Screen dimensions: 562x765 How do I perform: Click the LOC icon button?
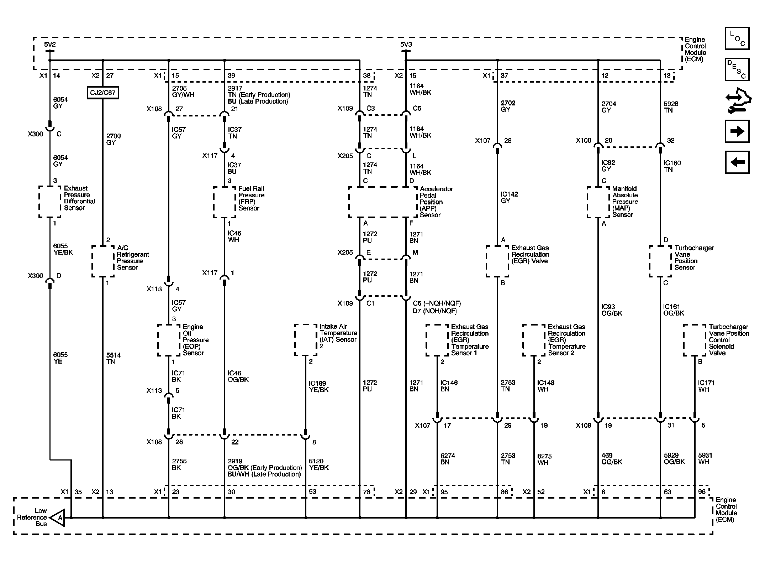pyautogui.click(x=737, y=38)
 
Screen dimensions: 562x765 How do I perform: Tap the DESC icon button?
pyautogui.click(x=737, y=69)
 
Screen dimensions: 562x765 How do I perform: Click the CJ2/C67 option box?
pyautogui.click(x=102, y=93)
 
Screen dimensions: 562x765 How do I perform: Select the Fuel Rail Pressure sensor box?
pyautogui.click(x=225, y=202)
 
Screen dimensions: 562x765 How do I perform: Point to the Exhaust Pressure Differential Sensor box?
pyautogui.click(x=50, y=202)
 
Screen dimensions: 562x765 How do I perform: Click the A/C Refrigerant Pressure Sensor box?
pyautogui.click(x=103, y=261)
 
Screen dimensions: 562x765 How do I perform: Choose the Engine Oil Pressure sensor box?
pyautogui.click(x=169, y=340)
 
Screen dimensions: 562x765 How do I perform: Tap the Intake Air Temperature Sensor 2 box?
pyautogui.click(x=306, y=340)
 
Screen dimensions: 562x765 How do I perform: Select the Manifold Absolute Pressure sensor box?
pyautogui.click(x=598, y=202)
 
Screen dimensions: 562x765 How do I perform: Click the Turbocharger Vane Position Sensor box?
pyautogui.click(x=660, y=261)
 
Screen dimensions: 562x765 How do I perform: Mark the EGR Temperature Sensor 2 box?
pyautogui.click(x=534, y=340)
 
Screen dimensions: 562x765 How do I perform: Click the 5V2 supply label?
pyautogui.click(x=50, y=45)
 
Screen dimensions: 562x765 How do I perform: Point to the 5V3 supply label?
pyautogui.click(x=406, y=45)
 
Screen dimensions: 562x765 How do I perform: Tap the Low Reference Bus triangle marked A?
pyautogui.click(x=58, y=517)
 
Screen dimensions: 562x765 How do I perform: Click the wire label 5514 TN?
pyautogui.click(x=113, y=358)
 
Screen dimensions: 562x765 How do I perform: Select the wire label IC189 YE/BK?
pyautogui.click(x=318, y=386)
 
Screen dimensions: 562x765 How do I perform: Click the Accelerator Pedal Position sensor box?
pyautogui.click(x=383, y=202)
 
